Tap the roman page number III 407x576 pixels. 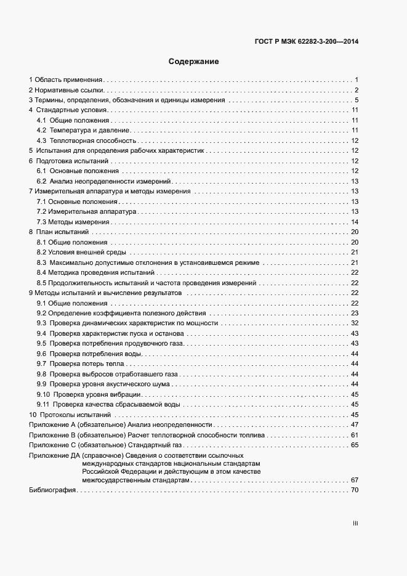coord(355,523)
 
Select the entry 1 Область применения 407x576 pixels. coord(66,80)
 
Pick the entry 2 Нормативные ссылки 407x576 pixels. coord(66,90)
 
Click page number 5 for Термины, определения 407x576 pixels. coord(357,100)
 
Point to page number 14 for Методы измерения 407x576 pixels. coord(355,222)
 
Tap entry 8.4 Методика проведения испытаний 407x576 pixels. coord(95,272)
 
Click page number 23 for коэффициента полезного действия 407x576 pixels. coord(355,313)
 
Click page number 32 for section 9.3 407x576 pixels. coord(355,323)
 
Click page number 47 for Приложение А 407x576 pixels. coord(355,425)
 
